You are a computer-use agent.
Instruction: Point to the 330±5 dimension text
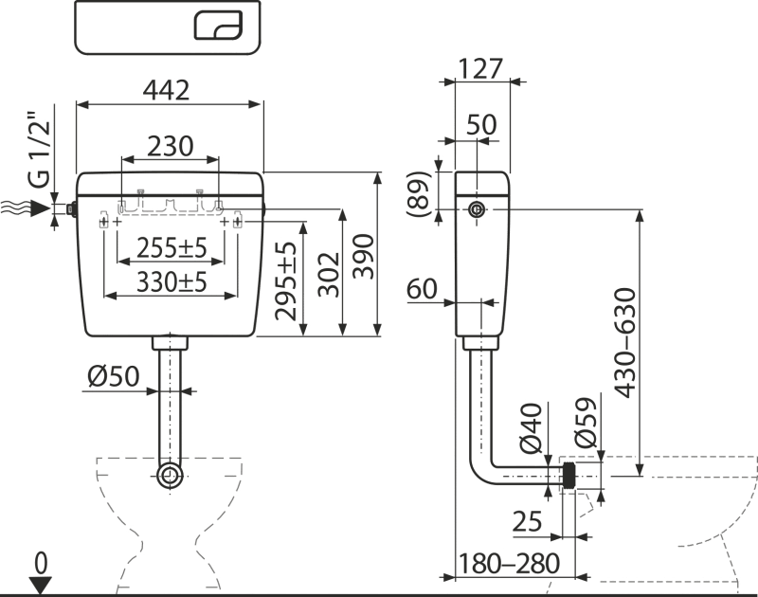(x=171, y=281)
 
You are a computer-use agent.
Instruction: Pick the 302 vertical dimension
(x=328, y=275)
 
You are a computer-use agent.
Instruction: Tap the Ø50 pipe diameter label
(x=113, y=377)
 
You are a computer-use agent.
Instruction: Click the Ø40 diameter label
(x=532, y=428)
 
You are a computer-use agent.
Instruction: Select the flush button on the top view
(x=218, y=26)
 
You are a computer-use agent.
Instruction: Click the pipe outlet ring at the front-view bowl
(x=170, y=474)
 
